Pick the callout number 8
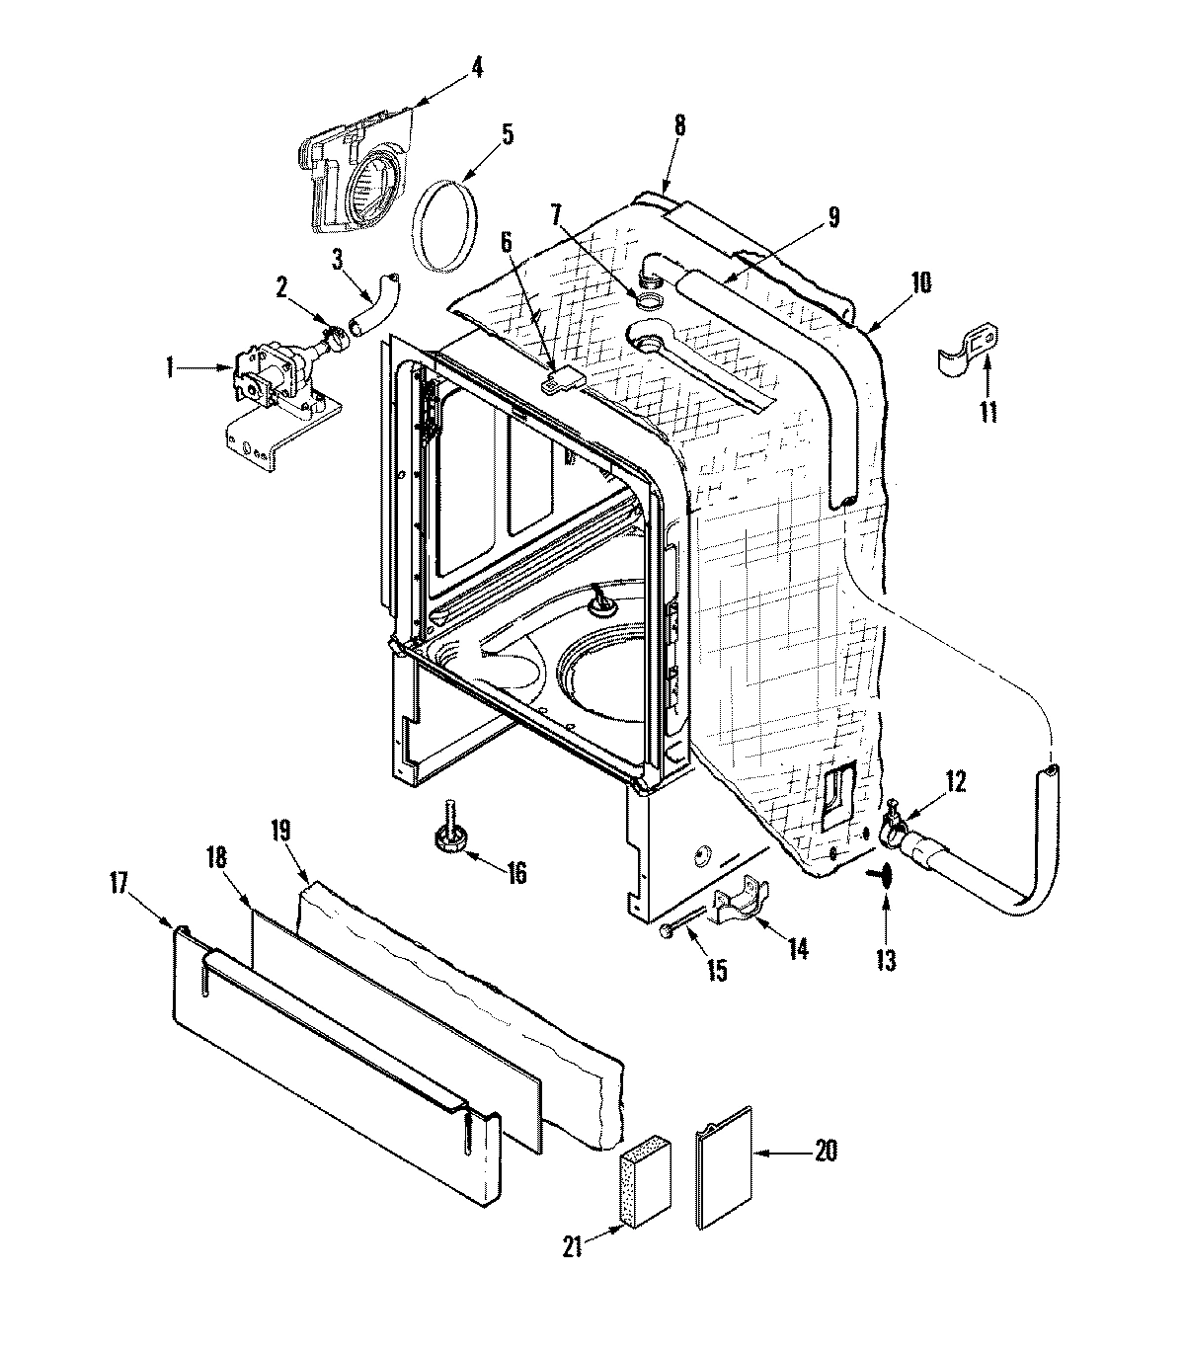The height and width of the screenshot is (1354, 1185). (680, 126)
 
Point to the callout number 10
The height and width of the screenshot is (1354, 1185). (920, 283)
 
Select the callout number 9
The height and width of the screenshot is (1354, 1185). (834, 218)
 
